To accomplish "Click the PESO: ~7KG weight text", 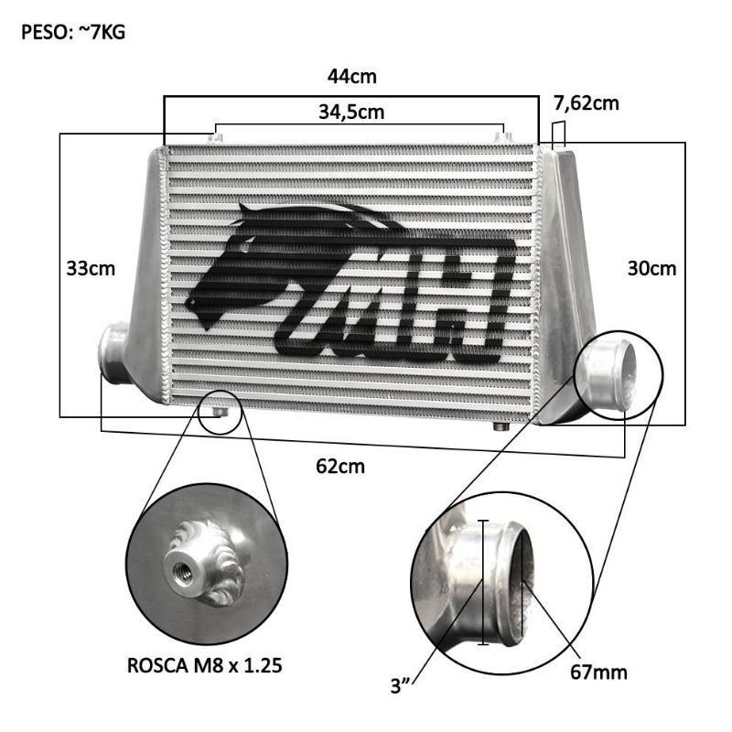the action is coord(73,33).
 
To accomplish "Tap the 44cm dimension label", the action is coord(351,76).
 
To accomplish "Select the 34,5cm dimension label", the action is coord(351,113).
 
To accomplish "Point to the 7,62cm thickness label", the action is coord(587,103).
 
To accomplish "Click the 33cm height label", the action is coord(91,268).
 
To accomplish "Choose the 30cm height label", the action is coord(651,268).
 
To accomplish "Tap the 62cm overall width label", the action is coord(340,466).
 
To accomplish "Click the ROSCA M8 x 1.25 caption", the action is coord(204,665).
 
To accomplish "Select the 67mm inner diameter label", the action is coord(598,673).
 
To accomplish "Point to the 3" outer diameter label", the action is coord(400,686).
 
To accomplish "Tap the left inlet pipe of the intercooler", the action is coord(114,351).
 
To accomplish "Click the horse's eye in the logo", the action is coord(190,303).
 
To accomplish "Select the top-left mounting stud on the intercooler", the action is coord(216,138).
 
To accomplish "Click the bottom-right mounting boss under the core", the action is coord(500,426).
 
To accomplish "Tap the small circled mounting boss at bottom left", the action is coord(219,413).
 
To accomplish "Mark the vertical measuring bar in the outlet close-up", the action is coord(483,582).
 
